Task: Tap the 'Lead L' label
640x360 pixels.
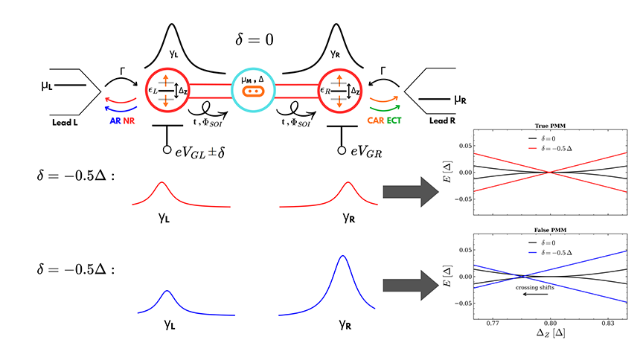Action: pos(65,122)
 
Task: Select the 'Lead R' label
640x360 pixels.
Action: pos(442,120)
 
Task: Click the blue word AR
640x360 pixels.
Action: pos(115,120)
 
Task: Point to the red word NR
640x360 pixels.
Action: pos(129,120)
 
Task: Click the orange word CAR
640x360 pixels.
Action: pos(376,120)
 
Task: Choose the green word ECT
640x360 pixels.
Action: pos(394,120)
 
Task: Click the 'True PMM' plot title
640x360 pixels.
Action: pos(550,126)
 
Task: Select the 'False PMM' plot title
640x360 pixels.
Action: pos(550,230)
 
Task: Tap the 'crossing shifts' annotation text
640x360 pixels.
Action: pos(534,287)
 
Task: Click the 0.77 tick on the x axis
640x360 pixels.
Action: pos(492,324)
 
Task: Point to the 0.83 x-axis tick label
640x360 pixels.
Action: pos(608,324)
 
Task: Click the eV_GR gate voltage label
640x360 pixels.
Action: pos(366,152)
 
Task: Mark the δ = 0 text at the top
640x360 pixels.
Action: pos(255,39)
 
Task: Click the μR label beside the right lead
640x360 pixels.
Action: pos(460,99)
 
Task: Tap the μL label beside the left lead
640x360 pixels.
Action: pos(47,86)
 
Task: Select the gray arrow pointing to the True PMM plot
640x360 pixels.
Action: pos(411,192)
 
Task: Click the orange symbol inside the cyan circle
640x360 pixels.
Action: pos(253,91)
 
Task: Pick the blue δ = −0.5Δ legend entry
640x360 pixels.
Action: pos(550,253)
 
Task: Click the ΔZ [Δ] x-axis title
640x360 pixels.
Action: pos(551,332)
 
